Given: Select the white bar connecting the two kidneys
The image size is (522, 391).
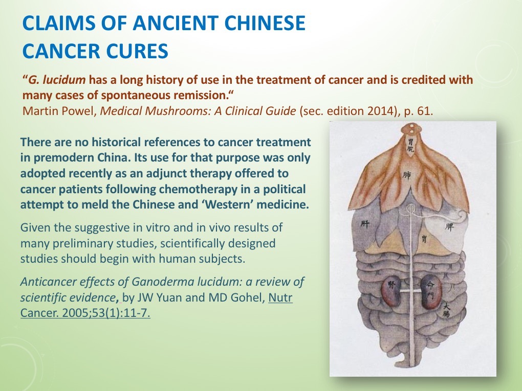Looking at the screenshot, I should pos(412,290).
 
